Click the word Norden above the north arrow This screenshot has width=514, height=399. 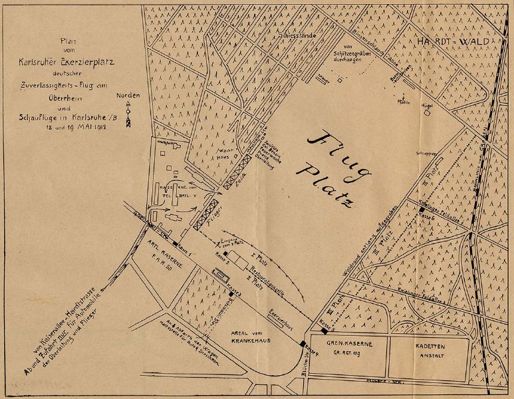(128, 96)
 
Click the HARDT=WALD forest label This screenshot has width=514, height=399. (456, 42)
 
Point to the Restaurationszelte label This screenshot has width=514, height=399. (254, 274)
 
